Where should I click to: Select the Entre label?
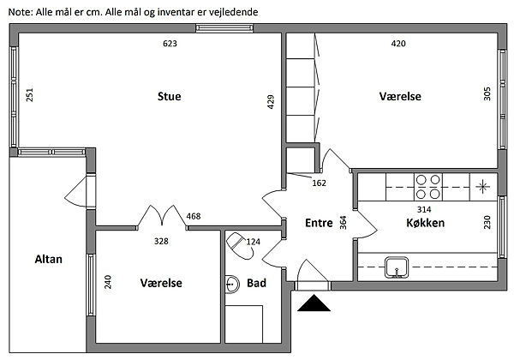[318, 223]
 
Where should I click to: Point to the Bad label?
[256, 282]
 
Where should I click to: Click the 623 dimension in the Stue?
[170, 43]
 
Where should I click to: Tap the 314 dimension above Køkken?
[422, 209]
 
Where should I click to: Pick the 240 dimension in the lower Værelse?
[108, 282]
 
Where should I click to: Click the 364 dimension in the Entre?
[343, 223]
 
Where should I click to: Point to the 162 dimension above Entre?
[319, 183]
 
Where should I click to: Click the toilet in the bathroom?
[236, 245]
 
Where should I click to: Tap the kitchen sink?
[396, 266]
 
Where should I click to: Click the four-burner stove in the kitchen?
[427, 186]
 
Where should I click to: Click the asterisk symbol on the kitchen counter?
[483, 186]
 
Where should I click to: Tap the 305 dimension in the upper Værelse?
[487, 94]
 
